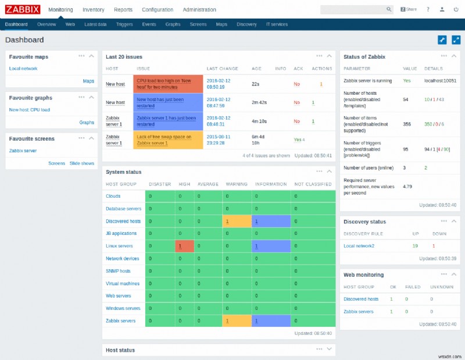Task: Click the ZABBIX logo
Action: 23,9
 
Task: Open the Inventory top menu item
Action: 94,10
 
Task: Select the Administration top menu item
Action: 199,10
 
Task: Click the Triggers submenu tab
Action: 124,24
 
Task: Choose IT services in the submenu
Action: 277,24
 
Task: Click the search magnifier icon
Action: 389,10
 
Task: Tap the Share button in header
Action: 409,10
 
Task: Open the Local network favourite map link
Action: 23,69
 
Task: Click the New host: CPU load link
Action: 30,109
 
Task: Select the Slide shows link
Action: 82,163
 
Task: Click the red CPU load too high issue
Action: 167,84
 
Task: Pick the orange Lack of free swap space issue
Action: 167,140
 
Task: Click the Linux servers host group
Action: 119,246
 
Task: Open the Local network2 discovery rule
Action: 359,246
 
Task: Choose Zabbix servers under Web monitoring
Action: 359,312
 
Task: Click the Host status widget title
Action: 120,350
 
